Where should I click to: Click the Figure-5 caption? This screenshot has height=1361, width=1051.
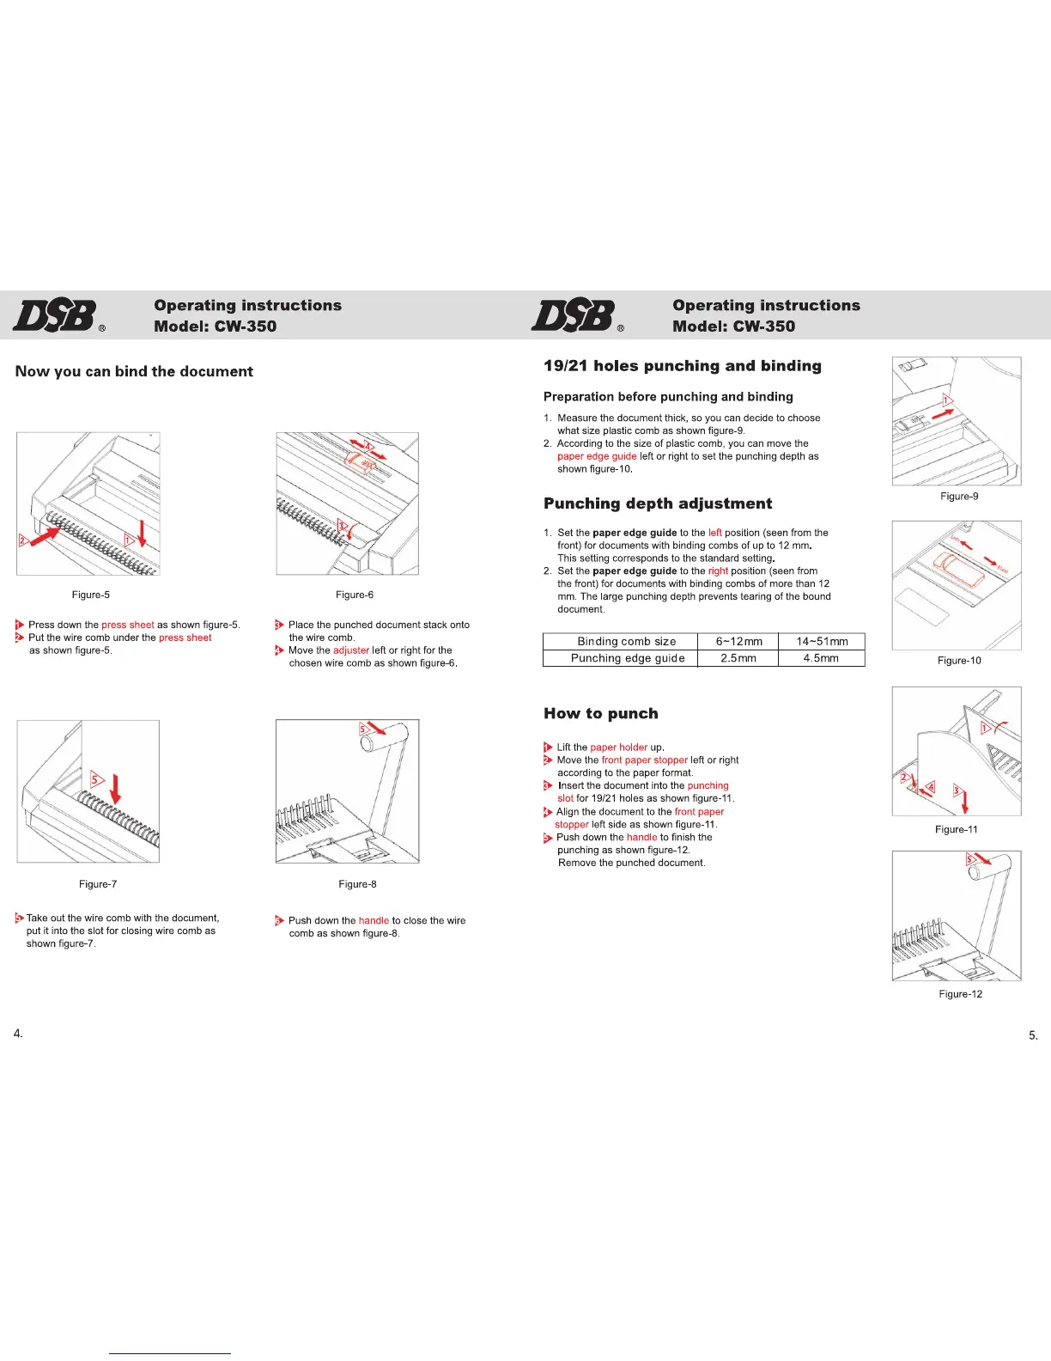91,595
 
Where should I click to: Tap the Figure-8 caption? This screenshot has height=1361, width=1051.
357,884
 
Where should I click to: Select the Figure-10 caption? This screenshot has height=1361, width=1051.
959,661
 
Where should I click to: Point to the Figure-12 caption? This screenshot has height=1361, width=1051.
960,994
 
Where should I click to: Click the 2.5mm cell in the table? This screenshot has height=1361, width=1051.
738,658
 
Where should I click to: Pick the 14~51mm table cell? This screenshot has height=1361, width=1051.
822,642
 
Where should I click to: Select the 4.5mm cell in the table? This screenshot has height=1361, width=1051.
821,658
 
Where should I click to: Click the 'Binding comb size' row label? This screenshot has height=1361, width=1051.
627,642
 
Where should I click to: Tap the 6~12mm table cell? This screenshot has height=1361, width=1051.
738,642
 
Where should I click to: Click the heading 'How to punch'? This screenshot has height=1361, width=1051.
601,713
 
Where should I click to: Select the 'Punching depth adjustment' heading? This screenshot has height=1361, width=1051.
658,504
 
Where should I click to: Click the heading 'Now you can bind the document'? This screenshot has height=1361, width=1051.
134,371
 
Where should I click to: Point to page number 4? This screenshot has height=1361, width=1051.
18,1033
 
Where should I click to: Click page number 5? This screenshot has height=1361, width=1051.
1033,1035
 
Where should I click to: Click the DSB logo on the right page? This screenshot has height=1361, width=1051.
574,315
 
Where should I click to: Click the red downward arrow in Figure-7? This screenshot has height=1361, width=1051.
116,788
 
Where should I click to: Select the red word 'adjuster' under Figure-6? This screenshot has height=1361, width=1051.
351,650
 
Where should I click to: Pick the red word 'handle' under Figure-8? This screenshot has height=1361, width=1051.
374,921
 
